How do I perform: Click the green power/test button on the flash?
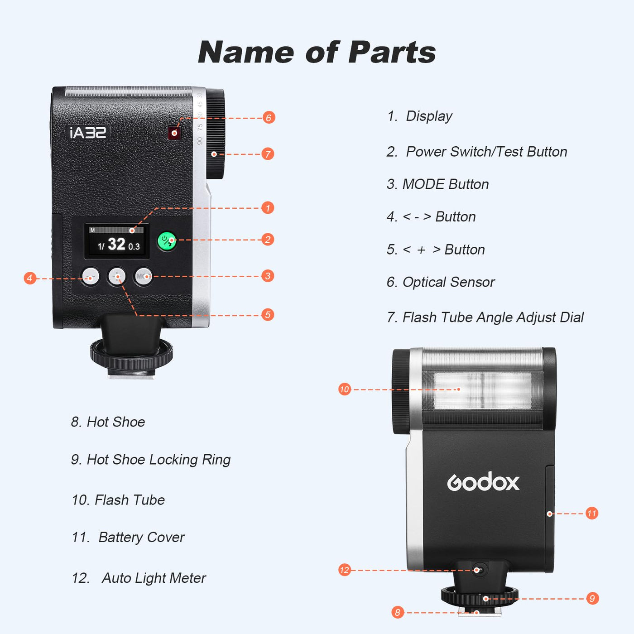tap(167, 241)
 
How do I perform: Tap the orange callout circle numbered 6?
tap(269, 117)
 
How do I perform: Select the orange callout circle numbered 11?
tap(591, 513)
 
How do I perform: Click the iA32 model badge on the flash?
tap(88, 133)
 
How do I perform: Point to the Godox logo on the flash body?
tap(483, 482)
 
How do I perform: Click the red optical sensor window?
tap(174, 133)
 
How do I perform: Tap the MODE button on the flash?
tap(143, 276)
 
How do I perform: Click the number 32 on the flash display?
tap(116, 244)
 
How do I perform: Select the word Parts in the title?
tap(392, 52)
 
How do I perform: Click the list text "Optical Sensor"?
tap(448, 282)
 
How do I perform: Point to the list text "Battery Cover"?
tap(141, 537)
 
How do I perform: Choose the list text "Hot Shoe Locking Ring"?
tap(158, 460)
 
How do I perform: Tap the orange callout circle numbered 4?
tap(30, 279)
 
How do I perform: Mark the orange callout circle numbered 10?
tap(345, 389)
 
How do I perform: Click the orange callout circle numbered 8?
tap(398, 612)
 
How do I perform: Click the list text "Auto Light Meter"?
tap(154, 578)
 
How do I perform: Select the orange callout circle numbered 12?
tap(345, 570)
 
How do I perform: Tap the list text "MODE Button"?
tap(446, 184)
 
